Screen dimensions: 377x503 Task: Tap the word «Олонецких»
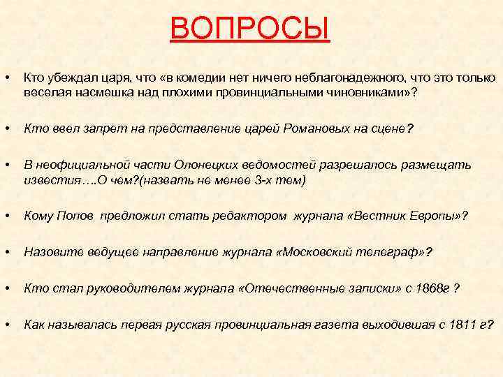184,165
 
